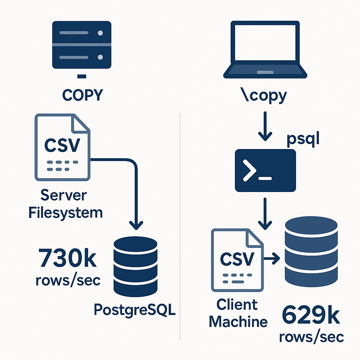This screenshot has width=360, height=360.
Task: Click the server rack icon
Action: pyautogui.click(x=82, y=45)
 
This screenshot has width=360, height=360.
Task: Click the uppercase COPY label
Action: pyautogui.click(x=82, y=95)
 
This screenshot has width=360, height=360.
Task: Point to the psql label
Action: pyautogui.click(x=303, y=139)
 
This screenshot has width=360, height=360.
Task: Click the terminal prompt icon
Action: pyautogui.click(x=265, y=171)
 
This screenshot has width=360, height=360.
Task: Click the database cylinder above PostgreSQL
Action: pyautogui.click(x=135, y=266)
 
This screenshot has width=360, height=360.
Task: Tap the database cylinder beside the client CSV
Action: pyautogui.click(x=311, y=252)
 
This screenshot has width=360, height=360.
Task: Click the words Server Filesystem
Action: pyautogui.click(x=65, y=204)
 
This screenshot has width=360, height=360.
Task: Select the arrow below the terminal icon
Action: pyautogui.click(x=265, y=213)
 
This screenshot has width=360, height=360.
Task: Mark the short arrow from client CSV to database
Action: pyautogui.click(x=271, y=259)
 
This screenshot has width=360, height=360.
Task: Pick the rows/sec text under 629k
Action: pyautogui.click(x=311, y=337)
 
